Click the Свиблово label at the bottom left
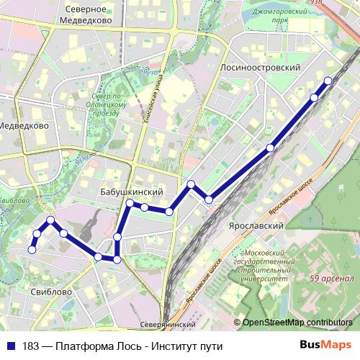coord(51,292)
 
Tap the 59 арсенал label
coord(331,279)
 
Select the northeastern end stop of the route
coord(328,81)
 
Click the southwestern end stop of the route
coord(32,249)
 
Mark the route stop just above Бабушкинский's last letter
coord(168,211)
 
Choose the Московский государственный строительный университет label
coord(267,266)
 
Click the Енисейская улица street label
coord(153,101)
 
